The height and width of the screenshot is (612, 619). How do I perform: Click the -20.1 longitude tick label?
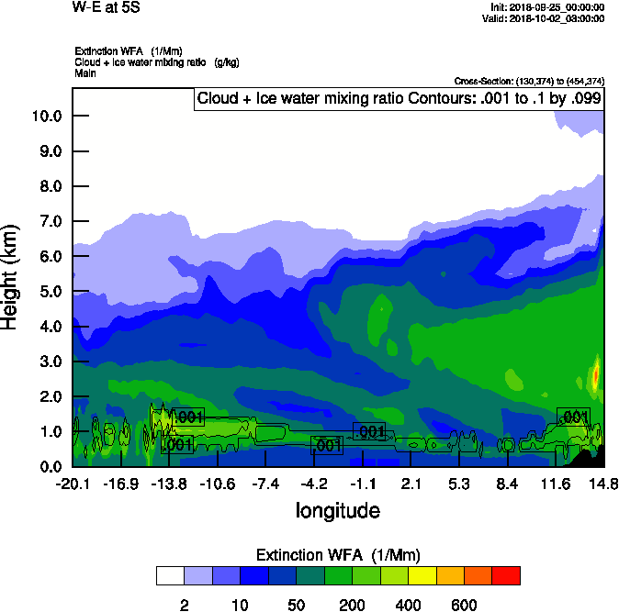point(73,484)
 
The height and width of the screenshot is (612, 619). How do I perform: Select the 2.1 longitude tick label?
point(411,484)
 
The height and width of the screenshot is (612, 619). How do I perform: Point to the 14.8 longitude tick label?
point(602,484)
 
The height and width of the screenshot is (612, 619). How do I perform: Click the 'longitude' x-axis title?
point(338,510)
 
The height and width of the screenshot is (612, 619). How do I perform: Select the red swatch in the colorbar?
point(506,575)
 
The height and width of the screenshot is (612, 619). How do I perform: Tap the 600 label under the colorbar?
point(464,605)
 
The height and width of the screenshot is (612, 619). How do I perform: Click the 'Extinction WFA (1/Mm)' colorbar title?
point(337,554)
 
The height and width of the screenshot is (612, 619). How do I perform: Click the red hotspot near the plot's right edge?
point(596,374)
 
